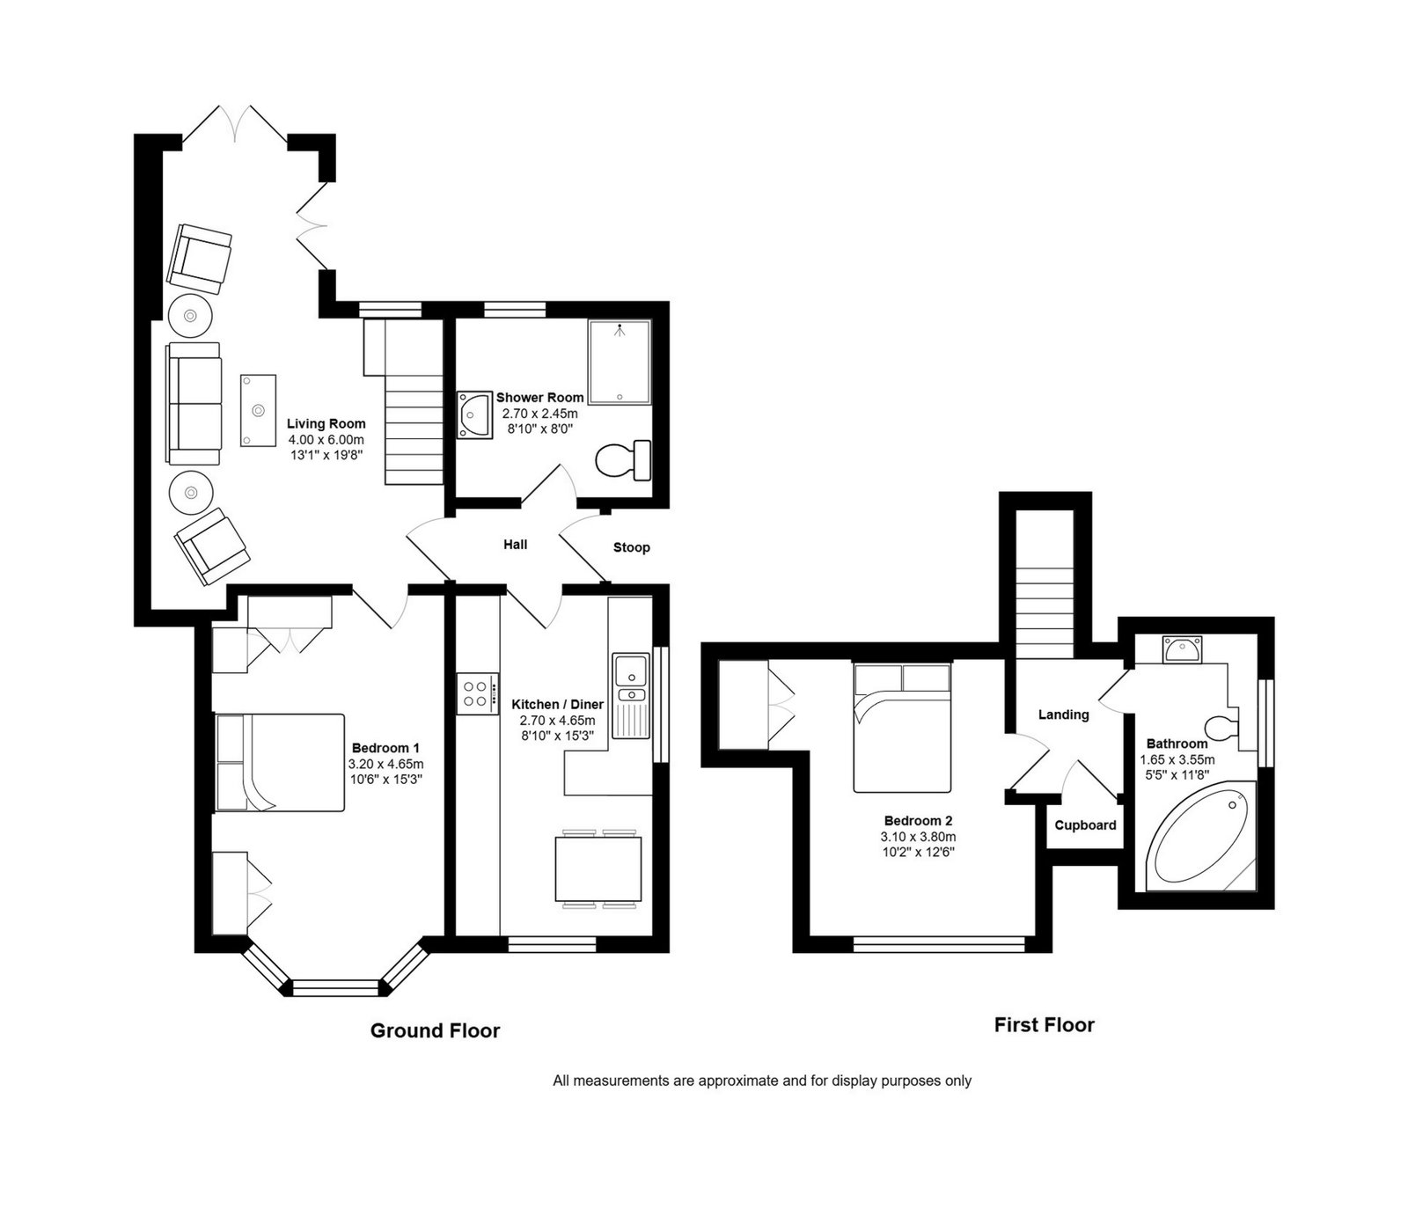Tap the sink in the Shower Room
(x=474, y=415)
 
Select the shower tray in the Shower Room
(x=620, y=362)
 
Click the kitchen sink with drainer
(x=630, y=696)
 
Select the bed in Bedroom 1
(x=280, y=762)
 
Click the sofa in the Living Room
(x=194, y=403)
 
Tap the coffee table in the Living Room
(x=259, y=410)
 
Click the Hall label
(x=516, y=545)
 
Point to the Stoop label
(x=632, y=547)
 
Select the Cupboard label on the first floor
(x=1086, y=825)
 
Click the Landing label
(x=1064, y=714)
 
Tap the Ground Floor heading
(x=435, y=1030)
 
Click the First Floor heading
(x=1045, y=1024)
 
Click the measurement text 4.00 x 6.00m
(x=326, y=440)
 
